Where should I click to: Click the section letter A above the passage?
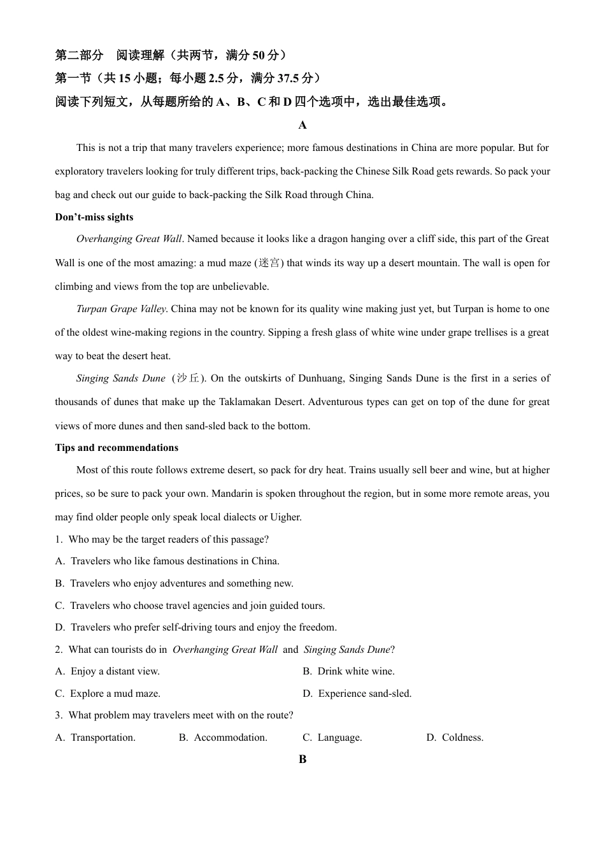302,125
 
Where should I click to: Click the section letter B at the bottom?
302,759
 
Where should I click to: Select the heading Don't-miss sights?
94,217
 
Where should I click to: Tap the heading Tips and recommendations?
117,448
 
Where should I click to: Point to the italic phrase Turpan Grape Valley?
121,309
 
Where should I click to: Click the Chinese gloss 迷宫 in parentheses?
269,263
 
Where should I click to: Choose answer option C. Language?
332,738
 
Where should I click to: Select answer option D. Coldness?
455,738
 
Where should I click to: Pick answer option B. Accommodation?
223,738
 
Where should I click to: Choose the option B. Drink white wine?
348,671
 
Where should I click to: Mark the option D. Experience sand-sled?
357,694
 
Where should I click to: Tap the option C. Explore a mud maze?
108,694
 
